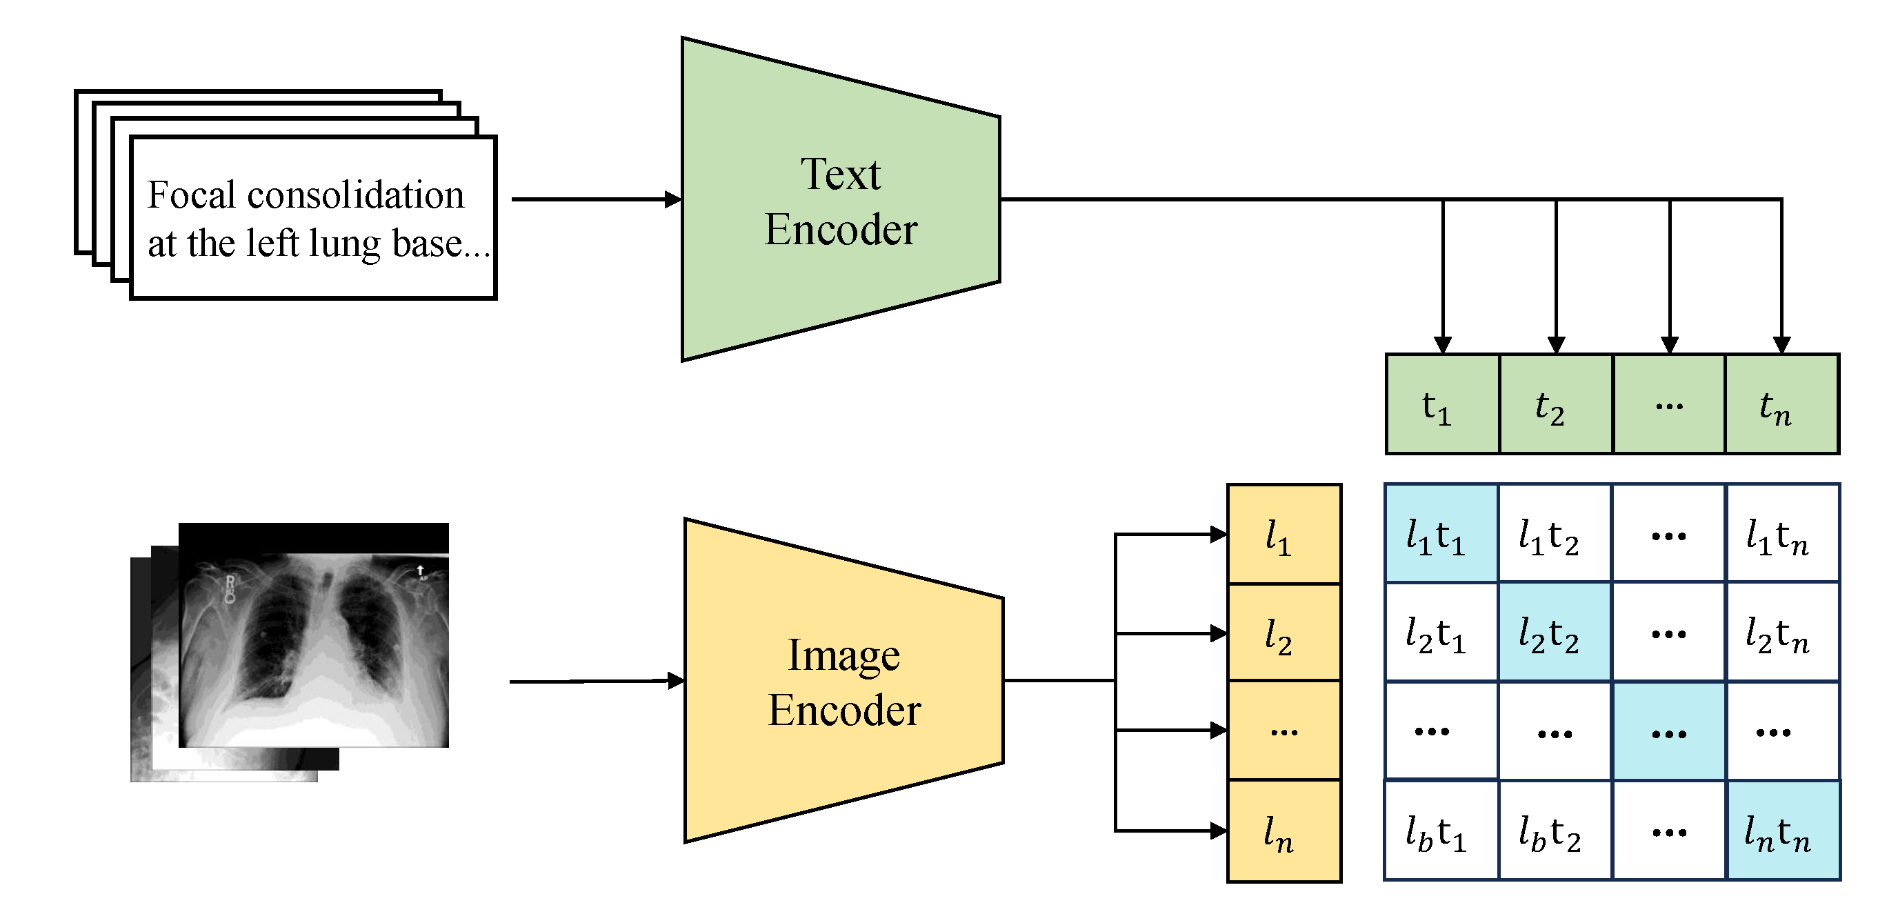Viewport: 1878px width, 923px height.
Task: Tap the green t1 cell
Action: click(x=1441, y=405)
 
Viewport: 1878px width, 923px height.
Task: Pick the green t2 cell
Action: click(x=1555, y=405)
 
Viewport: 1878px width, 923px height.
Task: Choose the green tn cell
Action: click(x=1781, y=405)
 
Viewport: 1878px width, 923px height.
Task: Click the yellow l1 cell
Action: click(x=1283, y=535)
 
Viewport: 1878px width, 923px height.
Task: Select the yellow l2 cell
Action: click(x=1283, y=633)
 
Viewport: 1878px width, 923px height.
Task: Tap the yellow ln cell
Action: click(x=1283, y=831)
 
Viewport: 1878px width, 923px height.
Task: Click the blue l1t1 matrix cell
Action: click(x=1441, y=534)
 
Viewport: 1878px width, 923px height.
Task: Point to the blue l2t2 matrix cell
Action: click(x=1555, y=632)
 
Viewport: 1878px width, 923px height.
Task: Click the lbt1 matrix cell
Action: click(x=1441, y=831)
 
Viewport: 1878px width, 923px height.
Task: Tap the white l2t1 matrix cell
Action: click(x=1441, y=632)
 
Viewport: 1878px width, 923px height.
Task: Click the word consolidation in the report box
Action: click(x=355, y=195)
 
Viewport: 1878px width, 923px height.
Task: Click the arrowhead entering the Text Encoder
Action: click(x=673, y=199)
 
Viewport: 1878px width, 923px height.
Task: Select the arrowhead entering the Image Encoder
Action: click(x=676, y=680)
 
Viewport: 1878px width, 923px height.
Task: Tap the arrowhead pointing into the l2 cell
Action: click(x=1218, y=633)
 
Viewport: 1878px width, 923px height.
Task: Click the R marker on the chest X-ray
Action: click(x=230, y=582)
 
